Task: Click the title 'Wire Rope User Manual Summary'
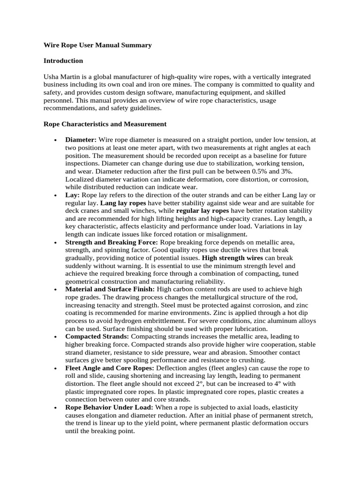click(97, 45)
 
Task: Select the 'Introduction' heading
click(63, 61)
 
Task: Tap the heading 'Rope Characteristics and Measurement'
click(105, 124)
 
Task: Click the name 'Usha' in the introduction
click(52, 76)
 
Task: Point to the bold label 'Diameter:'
click(81, 140)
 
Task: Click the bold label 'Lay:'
click(73, 195)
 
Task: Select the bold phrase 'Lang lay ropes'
click(123, 203)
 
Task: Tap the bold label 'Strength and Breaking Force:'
click(112, 242)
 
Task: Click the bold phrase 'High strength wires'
click(232, 258)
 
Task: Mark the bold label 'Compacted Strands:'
click(97, 337)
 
